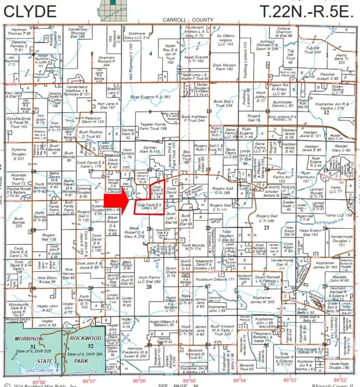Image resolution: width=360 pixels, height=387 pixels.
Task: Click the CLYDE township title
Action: [x=30, y=11]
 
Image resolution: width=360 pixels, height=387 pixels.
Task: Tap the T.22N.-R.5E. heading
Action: [x=306, y=11]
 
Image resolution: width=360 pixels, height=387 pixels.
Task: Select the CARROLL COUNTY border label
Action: [x=188, y=20]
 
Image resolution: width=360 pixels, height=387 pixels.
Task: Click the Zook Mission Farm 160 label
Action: [x=224, y=67]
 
